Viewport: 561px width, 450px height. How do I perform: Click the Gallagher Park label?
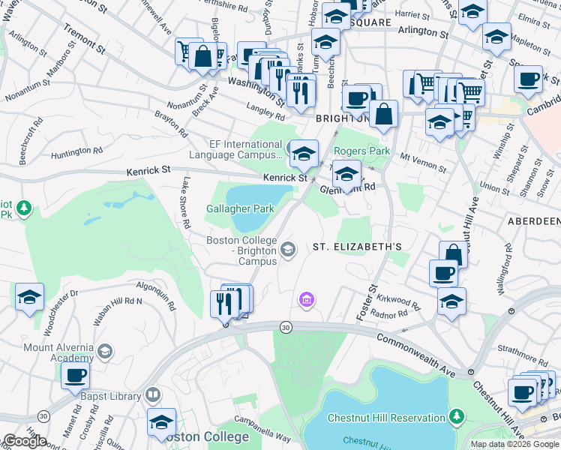point(241,209)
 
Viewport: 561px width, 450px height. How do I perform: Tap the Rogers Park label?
point(361,151)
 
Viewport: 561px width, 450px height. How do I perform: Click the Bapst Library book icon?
point(153,395)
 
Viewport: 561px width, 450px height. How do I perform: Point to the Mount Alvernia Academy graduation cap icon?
point(106,351)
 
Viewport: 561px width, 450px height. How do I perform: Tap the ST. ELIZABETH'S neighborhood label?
point(358,246)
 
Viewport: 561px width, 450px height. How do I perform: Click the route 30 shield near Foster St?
point(285,328)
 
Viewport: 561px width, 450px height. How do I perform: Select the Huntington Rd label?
point(76,155)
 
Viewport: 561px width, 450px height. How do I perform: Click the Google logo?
point(24,441)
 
